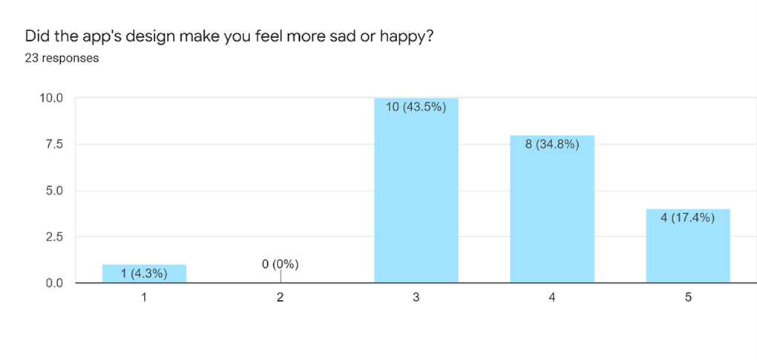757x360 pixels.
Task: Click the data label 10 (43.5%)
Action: click(416, 107)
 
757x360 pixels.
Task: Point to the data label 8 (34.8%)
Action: click(552, 144)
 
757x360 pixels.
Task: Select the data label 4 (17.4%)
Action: click(688, 218)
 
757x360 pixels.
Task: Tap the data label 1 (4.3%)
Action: click(144, 274)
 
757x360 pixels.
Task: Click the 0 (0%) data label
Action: click(281, 264)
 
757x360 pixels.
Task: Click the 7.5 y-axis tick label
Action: click(54, 144)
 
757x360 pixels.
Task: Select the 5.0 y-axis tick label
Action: click(54, 191)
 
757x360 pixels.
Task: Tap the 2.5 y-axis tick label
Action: click(54, 237)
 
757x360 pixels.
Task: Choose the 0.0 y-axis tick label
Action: click(54, 283)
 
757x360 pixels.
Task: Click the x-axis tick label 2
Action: click(281, 298)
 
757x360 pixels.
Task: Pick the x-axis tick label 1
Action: click(144, 298)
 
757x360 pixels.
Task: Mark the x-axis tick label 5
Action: click(688, 298)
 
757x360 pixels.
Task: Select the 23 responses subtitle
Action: click(62, 58)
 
